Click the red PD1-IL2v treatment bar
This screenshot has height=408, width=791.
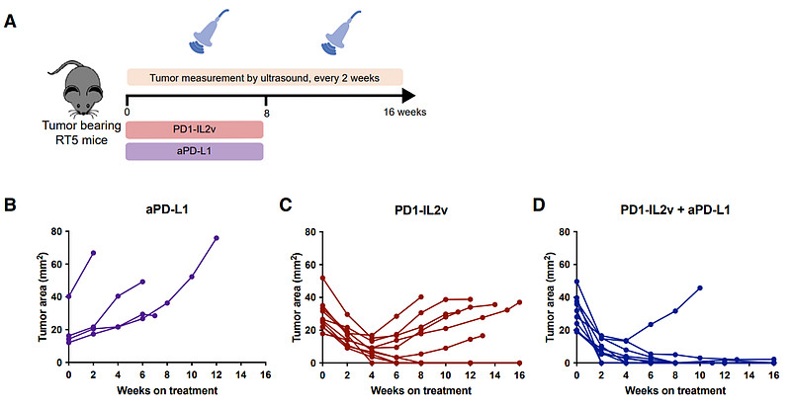(195, 130)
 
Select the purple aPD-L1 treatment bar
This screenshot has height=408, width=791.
(195, 151)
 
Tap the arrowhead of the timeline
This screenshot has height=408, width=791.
(407, 97)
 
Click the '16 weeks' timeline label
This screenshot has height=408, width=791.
(405, 113)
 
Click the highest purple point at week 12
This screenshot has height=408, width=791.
(217, 238)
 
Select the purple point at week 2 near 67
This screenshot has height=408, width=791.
(94, 253)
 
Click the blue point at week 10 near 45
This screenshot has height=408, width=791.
(700, 287)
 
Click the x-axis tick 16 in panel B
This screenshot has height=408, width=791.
(266, 376)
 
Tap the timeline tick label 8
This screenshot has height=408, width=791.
(266, 113)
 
